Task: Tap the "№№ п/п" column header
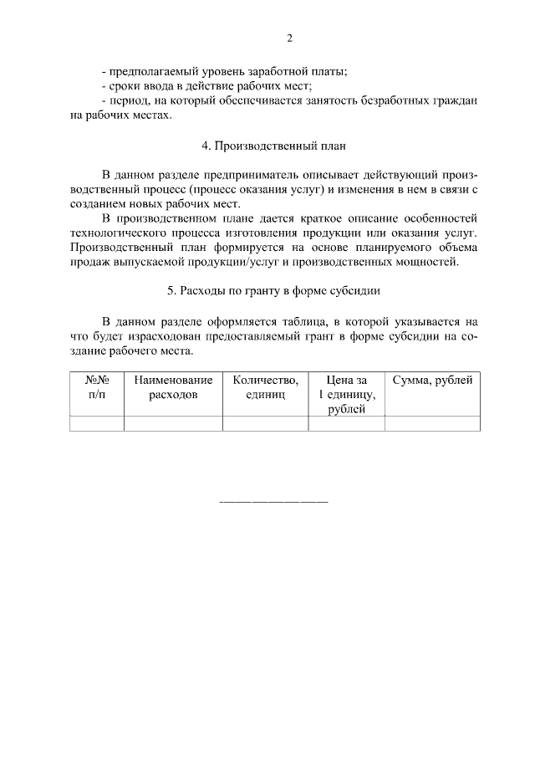click(97, 387)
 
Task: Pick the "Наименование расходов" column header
click(173, 387)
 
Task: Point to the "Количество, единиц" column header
click(266, 387)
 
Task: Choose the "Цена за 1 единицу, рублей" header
click(347, 394)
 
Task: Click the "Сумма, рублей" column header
click(432, 381)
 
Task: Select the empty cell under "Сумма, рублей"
click(432, 424)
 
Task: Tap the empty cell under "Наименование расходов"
click(173, 424)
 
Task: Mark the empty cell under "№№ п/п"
click(97, 424)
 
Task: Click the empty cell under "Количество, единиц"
click(266, 424)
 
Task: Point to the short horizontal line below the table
click(273, 502)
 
